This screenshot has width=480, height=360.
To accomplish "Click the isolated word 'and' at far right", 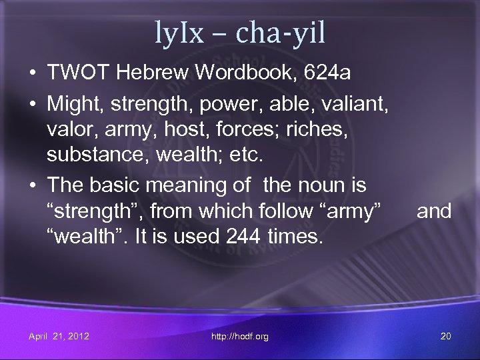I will (434, 211).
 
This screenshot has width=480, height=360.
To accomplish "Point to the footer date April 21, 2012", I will (59, 336).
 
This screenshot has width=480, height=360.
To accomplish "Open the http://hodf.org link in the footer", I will (240, 336).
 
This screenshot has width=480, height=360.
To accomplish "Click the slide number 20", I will (446, 336).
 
